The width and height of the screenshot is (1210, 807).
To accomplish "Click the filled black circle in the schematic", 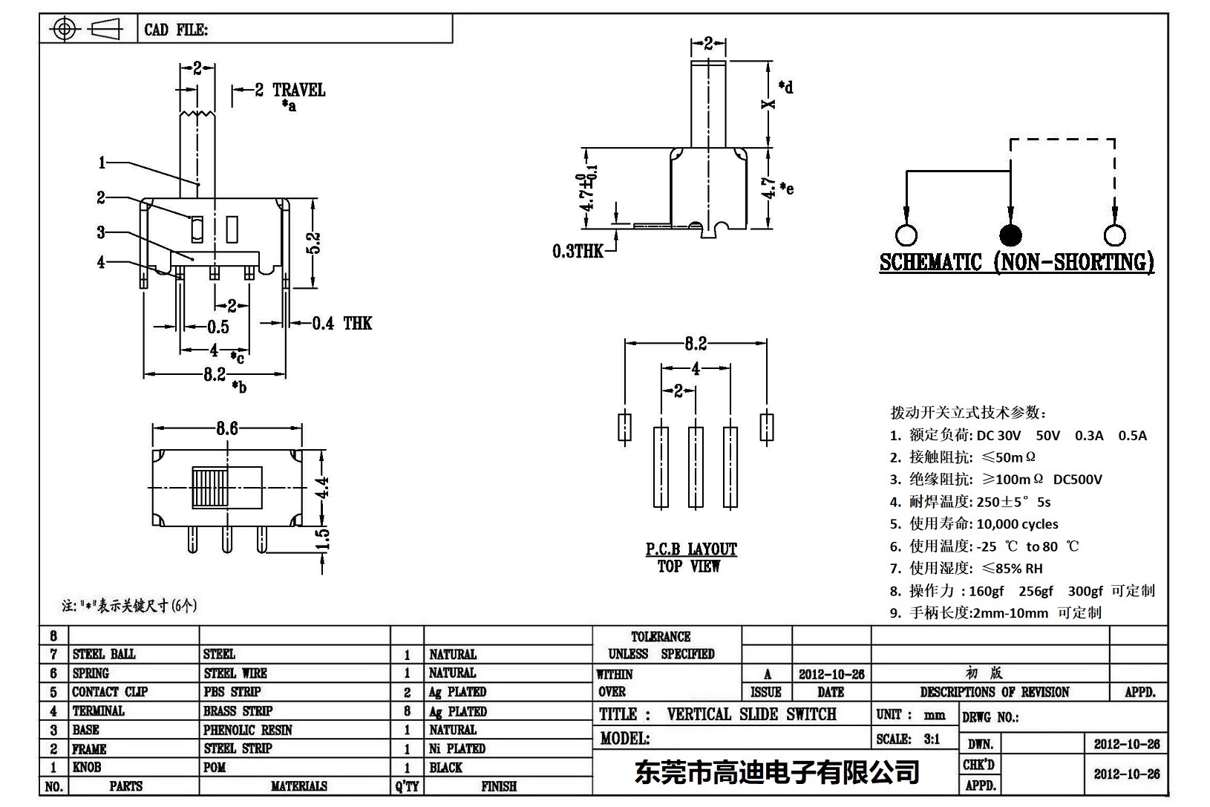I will pyautogui.click(x=1010, y=235).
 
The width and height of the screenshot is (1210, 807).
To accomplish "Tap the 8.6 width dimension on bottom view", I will pyautogui.click(x=227, y=428).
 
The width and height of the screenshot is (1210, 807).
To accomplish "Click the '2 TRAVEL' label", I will pyautogui.click(x=290, y=90).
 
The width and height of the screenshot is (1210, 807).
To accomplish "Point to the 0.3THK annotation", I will pyautogui.click(x=578, y=251).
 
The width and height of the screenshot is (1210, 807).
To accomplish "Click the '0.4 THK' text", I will pyautogui.click(x=341, y=323).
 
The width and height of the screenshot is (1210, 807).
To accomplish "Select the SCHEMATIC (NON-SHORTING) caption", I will pyautogui.click(x=1016, y=262).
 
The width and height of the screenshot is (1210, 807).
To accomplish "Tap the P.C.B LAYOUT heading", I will pyautogui.click(x=690, y=549).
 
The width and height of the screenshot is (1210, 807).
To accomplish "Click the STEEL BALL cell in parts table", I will pyautogui.click(x=104, y=654).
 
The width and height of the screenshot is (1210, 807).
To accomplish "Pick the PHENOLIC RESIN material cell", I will pyautogui.click(x=247, y=730).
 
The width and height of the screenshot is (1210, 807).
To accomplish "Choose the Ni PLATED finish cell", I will pyautogui.click(x=457, y=748).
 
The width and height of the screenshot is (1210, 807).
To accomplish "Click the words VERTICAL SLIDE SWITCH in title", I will pyautogui.click(x=751, y=714).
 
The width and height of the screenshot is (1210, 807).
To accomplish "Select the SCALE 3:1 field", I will pyautogui.click(x=908, y=739).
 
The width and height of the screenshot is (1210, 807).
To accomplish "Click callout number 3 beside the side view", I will pyautogui.click(x=101, y=232).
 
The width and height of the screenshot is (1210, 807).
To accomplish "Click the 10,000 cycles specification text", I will pyautogui.click(x=1017, y=523).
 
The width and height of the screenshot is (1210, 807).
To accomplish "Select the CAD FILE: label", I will pyautogui.click(x=176, y=30).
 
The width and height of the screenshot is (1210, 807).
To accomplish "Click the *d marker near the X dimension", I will pyautogui.click(x=785, y=87).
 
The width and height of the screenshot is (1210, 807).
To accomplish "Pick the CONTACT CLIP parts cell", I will pyautogui.click(x=110, y=692).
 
